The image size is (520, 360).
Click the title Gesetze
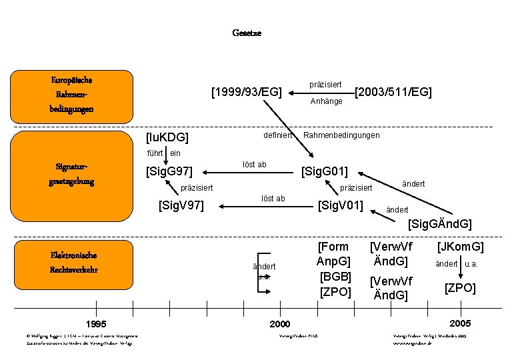[247, 33]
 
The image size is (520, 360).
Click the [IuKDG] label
[167, 137]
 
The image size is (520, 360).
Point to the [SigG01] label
[324, 172]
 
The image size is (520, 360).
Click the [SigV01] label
[341, 203]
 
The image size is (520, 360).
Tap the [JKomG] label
[460, 247]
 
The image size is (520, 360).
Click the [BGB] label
[335, 275]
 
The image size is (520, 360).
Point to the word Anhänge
[327, 101]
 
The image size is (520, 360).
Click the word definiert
[278, 135]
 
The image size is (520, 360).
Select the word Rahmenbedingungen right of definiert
[341, 135]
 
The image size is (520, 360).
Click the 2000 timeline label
[280, 323]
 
